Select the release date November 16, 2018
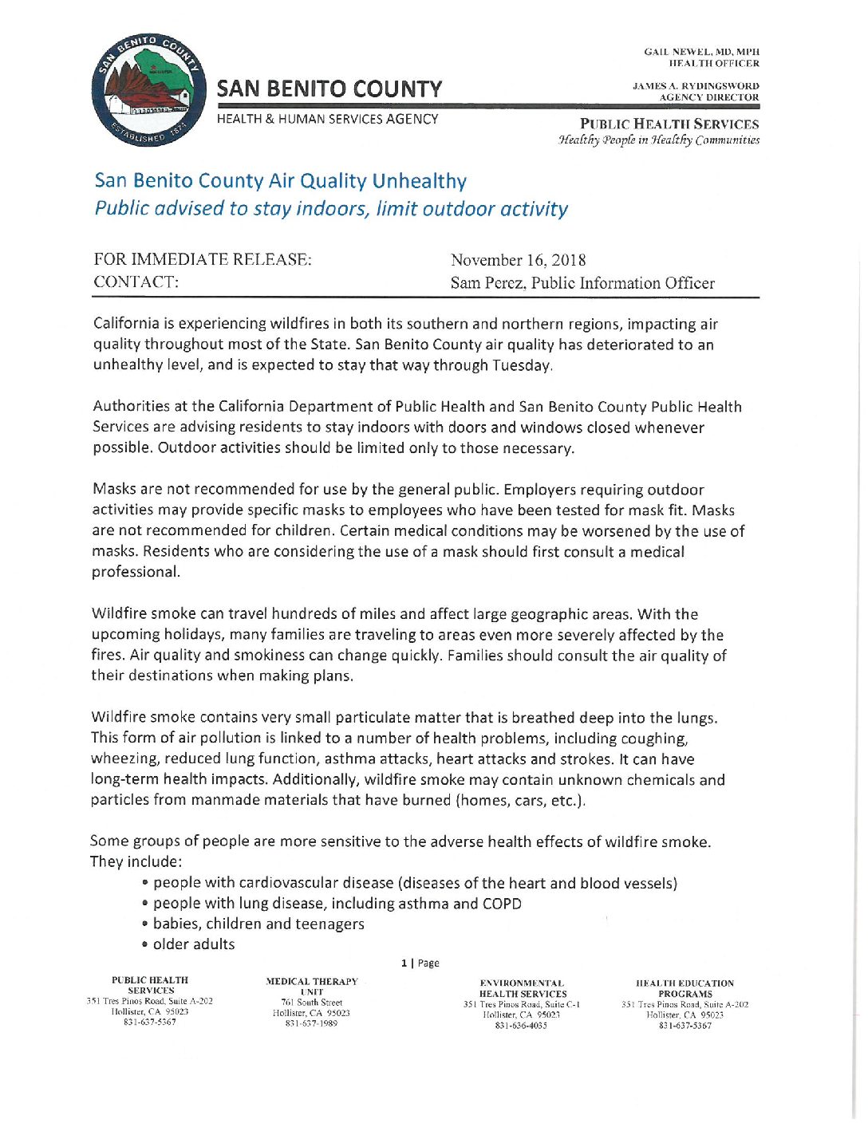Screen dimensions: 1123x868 [518, 260]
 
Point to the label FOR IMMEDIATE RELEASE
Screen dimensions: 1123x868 [203, 259]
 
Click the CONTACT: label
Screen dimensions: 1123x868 [136, 282]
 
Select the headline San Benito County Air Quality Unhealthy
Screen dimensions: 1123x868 [280, 181]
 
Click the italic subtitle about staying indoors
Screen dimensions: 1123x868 [331, 209]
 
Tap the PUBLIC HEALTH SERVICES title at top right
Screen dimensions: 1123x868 [669, 124]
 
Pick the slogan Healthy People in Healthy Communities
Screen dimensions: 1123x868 [659, 140]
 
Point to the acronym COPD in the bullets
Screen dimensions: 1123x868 [502, 904]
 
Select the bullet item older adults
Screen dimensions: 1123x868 [194, 944]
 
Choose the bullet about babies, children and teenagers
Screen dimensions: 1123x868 [258, 924]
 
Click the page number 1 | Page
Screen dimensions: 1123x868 [420, 963]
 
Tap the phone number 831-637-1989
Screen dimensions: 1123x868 [311, 1023]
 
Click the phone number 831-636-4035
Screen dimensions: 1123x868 [521, 1026]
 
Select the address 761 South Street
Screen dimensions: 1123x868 [311, 1003]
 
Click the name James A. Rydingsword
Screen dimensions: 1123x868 [696, 86]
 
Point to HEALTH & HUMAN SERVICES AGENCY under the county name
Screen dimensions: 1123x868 [327, 119]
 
